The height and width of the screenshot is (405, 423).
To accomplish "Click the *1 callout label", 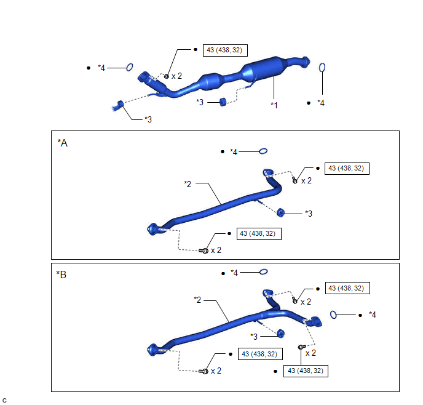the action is click(x=274, y=105).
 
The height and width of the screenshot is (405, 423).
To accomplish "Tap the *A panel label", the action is click(x=62, y=143).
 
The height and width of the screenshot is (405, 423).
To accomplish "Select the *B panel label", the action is click(x=61, y=275).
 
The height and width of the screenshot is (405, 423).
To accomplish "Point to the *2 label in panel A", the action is click(x=188, y=184).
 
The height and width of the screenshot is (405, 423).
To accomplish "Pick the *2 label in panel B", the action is click(x=197, y=300).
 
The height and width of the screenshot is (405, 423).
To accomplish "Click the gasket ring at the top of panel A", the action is click(x=263, y=151).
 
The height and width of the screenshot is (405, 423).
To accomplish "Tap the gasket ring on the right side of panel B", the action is click(x=333, y=315).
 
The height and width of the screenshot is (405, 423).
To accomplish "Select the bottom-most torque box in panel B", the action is click(x=306, y=371).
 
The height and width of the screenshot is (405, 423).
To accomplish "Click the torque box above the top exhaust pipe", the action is click(x=225, y=50).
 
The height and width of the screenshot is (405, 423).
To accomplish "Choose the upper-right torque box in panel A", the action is click(x=347, y=169).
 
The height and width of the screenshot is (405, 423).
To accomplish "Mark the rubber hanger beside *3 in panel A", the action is click(x=280, y=213).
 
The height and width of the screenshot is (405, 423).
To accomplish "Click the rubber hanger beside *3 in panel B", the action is click(x=280, y=334).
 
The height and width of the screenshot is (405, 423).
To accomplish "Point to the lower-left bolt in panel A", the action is click(x=204, y=251).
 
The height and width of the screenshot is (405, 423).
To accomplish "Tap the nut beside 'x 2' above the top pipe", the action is click(x=167, y=76).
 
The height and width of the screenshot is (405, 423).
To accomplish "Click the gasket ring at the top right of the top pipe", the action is click(x=322, y=68).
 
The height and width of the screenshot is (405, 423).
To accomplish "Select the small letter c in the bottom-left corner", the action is click(x=4, y=401).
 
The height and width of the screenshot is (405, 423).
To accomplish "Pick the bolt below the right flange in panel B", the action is click(x=301, y=347).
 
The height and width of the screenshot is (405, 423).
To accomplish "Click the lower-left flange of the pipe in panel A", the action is click(x=152, y=230).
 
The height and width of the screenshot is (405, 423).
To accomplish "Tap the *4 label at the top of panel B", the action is click(x=234, y=273).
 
